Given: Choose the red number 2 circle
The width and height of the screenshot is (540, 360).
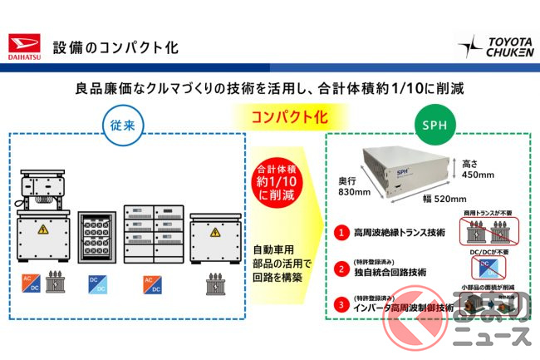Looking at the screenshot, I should [341, 269].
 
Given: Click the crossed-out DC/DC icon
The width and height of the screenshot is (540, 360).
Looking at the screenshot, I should [482, 268].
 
